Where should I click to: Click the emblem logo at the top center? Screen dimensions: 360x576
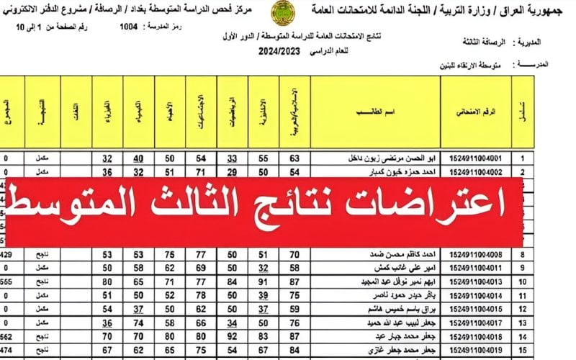(x=281, y=12)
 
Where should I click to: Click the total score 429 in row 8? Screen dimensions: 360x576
(x=6, y=255)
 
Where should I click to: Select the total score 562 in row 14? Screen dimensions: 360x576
(x=6, y=336)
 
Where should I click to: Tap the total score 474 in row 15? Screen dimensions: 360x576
(x=6, y=350)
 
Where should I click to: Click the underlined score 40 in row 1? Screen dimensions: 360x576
(x=138, y=158)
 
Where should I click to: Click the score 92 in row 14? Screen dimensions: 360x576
(x=232, y=336)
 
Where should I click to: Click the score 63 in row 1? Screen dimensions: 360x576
(x=294, y=158)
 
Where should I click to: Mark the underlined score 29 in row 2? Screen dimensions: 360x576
(x=232, y=171)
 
